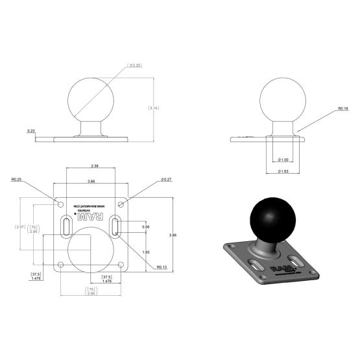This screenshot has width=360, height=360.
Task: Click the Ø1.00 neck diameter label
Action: [x=282, y=160]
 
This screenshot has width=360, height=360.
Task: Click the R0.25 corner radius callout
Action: [x=17, y=180]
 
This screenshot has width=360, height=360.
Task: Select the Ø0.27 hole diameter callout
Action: [x=166, y=180]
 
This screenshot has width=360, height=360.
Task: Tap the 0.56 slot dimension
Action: [x=146, y=227]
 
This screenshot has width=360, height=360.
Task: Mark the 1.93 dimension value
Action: [x=146, y=251]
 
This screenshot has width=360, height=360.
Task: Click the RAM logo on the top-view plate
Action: [x=91, y=219]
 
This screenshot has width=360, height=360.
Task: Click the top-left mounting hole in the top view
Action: [x=62, y=204]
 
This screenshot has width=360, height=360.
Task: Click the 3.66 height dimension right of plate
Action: [x=171, y=234]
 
